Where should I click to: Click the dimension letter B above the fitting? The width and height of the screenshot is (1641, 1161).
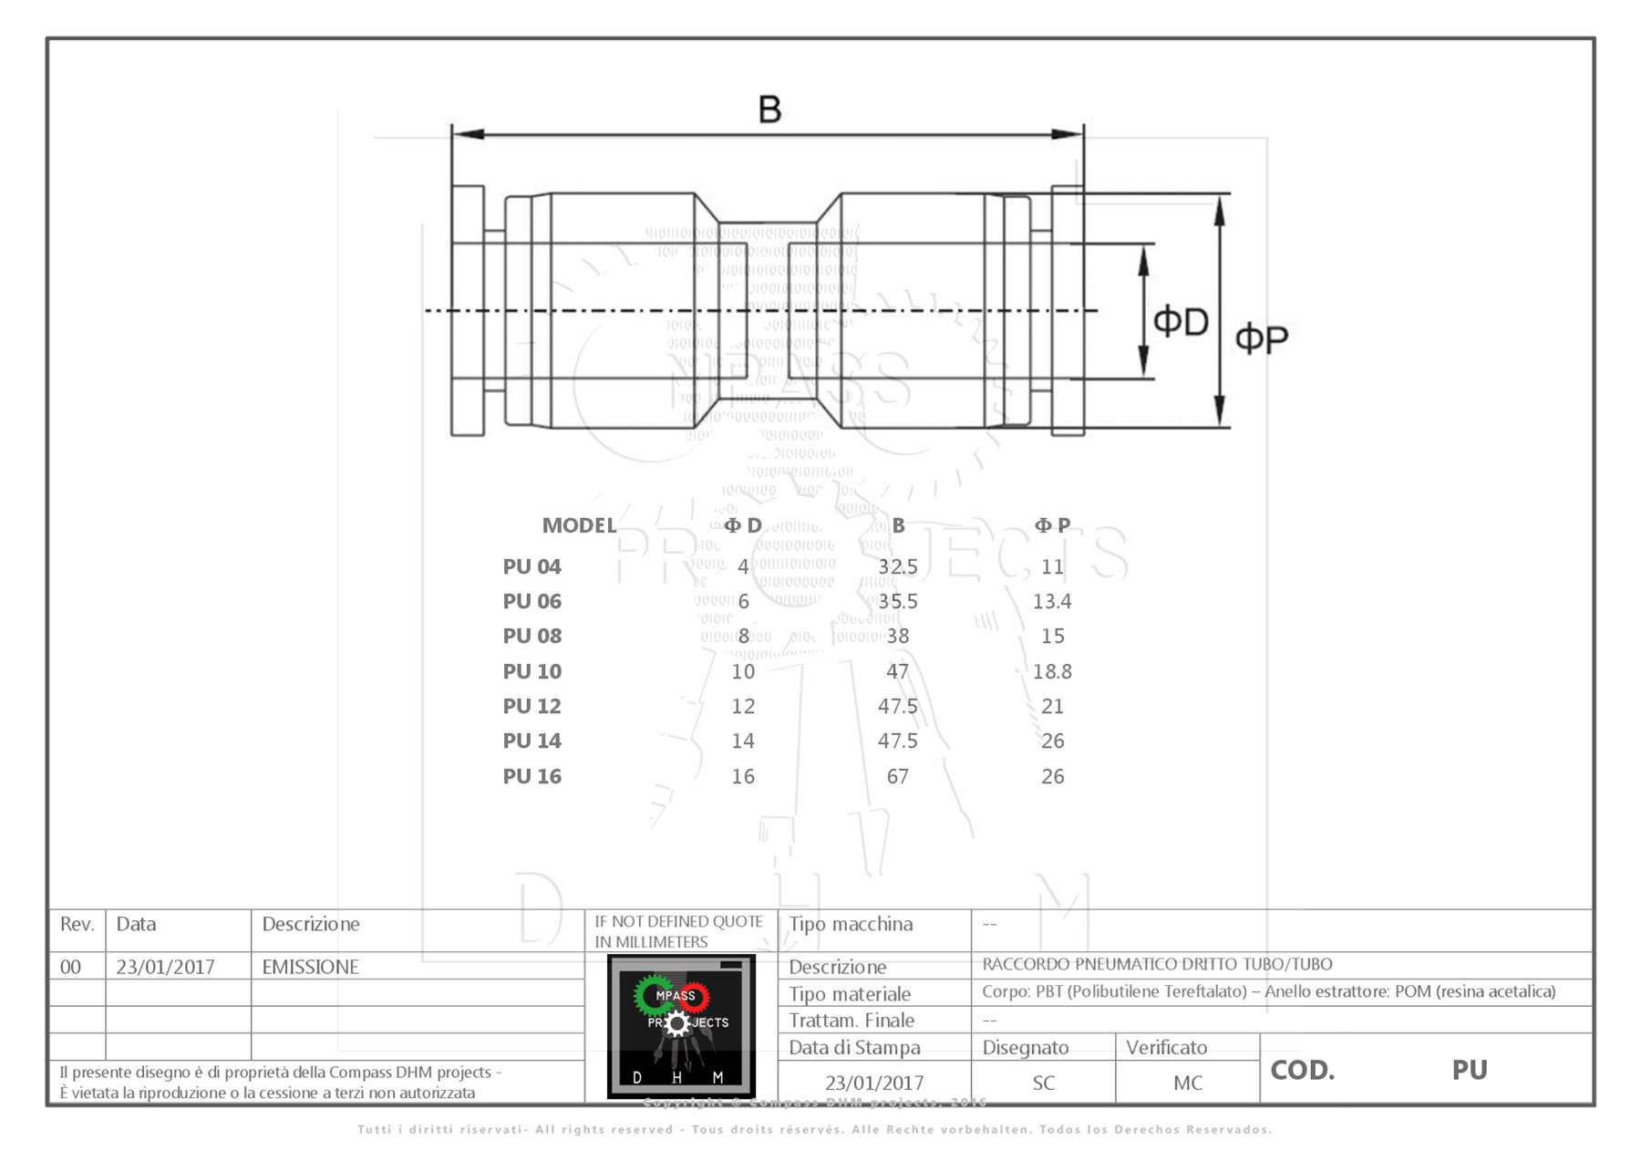769,109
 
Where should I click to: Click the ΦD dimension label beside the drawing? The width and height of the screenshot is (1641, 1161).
1181,321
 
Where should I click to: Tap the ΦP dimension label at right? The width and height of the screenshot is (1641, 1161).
1261,338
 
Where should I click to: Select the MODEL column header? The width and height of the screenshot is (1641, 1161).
579,525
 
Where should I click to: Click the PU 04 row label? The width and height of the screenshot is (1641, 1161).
532,566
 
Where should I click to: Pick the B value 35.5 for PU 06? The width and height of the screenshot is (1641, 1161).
897,601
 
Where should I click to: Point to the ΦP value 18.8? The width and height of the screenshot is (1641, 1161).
1051,671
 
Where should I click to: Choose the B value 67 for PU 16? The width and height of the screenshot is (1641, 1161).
897,776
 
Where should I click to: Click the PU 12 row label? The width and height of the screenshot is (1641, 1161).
532,706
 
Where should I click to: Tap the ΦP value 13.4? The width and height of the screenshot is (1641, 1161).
1051,601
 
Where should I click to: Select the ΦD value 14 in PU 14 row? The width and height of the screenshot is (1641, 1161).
743,741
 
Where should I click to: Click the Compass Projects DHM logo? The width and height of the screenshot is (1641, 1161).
681,1026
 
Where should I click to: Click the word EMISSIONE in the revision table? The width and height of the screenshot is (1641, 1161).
310,967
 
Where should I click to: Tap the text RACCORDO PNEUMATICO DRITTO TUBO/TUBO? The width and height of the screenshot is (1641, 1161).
1156,964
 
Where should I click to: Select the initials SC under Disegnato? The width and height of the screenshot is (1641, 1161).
1043,1083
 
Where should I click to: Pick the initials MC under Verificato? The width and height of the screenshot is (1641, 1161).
1187,1083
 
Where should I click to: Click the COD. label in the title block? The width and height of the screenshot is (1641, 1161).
1302,1070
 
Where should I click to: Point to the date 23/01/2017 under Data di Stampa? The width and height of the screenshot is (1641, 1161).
874,1083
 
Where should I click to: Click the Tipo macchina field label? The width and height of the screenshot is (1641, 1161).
850,924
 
